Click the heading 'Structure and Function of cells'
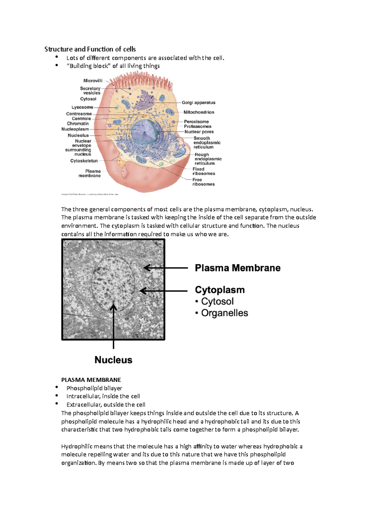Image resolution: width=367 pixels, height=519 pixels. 90,49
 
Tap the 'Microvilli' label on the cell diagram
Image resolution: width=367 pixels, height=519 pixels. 93,81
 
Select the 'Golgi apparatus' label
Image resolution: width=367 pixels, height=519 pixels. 198,103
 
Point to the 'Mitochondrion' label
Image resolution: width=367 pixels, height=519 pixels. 199,112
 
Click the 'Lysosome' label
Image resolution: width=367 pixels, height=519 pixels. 82,107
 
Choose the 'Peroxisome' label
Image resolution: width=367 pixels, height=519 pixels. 196,122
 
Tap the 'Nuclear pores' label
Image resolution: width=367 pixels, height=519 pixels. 199,132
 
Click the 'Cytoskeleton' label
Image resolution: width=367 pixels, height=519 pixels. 84,161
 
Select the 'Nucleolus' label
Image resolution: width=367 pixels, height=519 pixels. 78,135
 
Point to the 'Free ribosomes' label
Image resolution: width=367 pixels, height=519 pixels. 203,182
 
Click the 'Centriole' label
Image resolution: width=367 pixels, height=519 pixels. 81,119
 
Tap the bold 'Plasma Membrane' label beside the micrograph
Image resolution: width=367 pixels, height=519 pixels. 238,268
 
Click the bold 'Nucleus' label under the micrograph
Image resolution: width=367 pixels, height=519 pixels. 113,360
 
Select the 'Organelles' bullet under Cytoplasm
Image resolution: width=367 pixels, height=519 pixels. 224,313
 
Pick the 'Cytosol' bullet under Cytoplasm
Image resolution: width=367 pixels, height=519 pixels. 217,301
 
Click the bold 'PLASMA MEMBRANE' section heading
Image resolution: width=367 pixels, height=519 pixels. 91,380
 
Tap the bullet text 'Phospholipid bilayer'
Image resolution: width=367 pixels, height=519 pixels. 94,388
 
